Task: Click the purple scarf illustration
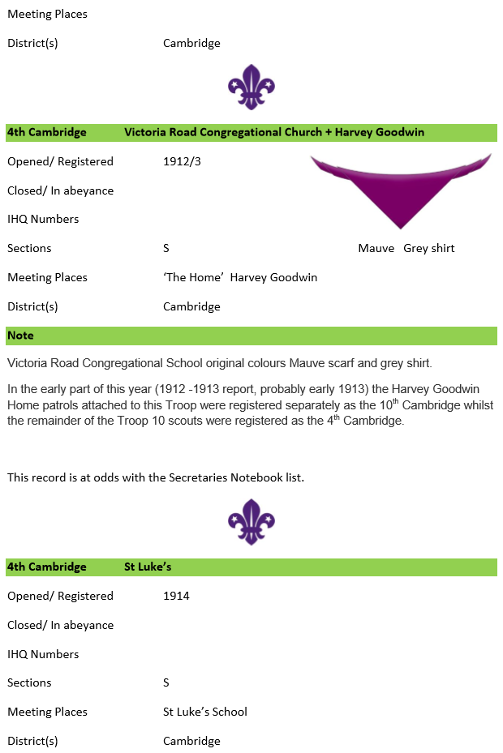401,186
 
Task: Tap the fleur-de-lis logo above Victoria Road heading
251,87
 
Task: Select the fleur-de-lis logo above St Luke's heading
251,521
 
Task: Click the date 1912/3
182,161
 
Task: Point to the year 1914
176,596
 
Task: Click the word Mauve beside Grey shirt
376,248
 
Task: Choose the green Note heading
21,336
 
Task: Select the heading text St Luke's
148,567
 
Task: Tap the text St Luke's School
205,712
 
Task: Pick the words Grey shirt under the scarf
429,248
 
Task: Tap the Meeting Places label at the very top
47,14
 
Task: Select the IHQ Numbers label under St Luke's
43,654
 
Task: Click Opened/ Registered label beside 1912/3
60,161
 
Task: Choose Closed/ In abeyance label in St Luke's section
60,625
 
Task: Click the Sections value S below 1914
166,682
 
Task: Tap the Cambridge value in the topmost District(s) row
191,43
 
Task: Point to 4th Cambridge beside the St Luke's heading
47,567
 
